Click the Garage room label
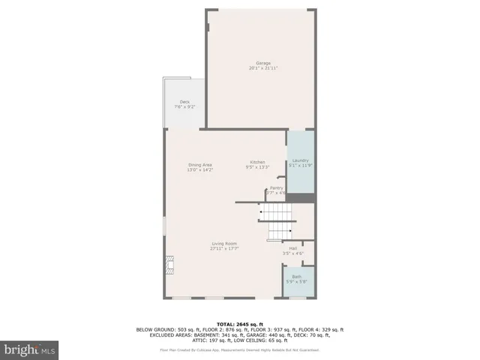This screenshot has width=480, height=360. pyautogui.click(x=263, y=63)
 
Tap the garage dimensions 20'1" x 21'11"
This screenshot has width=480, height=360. pyautogui.click(x=263, y=68)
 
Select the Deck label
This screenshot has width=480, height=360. pyautogui.click(x=184, y=102)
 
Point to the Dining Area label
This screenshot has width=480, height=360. pyautogui.click(x=199, y=165)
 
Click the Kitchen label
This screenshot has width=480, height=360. pyautogui.click(x=257, y=163)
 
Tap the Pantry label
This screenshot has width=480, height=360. pyautogui.click(x=276, y=188)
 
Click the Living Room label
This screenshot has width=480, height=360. pyautogui.click(x=224, y=243)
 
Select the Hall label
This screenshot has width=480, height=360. pyautogui.click(x=293, y=248)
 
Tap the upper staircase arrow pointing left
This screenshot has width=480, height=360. pyautogui.click(x=261, y=212)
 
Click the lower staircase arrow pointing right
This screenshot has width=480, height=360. pyautogui.click(x=289, y=231)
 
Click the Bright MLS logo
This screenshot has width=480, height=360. pyautogui.click(x=28, y=349)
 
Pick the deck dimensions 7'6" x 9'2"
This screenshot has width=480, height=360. pyautogui.click(x=184, y=107)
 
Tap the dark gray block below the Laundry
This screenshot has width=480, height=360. pyautogui.click(x=301, y=198)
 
